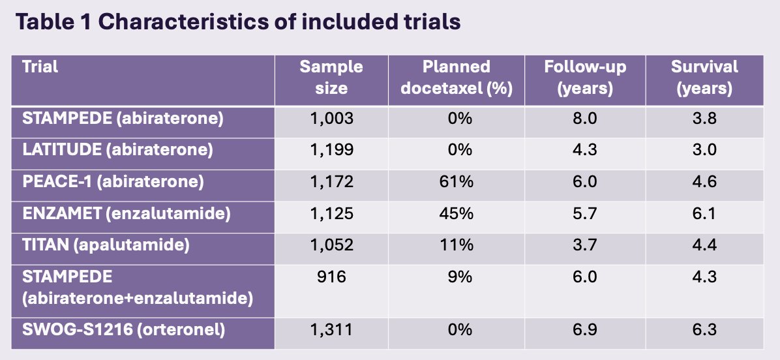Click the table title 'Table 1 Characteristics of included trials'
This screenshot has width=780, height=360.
coord(238,22)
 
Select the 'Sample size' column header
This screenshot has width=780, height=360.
coord(331,78)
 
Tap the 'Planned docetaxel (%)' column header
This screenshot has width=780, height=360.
coord(456,78)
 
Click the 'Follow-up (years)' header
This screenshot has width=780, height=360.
coord(585,78)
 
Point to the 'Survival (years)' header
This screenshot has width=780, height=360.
coord(704,78)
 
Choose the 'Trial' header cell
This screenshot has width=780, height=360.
coord(40,67)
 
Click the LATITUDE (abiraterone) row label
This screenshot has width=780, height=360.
coord(118,150)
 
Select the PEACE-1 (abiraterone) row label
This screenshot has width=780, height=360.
coord(113,181)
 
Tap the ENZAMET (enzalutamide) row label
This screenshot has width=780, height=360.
coord(127,213)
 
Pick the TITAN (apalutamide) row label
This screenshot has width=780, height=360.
coord(106,245)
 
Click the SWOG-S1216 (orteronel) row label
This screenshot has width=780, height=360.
coord(124,329)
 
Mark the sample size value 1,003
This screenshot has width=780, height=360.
coord(331,118)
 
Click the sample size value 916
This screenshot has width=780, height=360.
coord(331,277)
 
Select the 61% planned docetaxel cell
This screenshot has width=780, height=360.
coord(456,181)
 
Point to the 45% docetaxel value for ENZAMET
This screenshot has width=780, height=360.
coord(456,213)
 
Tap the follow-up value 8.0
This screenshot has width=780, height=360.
coord(585,118)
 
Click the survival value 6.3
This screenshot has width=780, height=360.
coord(704,329)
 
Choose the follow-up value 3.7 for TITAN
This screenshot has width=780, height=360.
coord(585,245)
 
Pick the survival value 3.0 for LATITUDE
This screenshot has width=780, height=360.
coord(704,150)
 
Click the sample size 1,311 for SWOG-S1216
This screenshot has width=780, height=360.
coord(331,329)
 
